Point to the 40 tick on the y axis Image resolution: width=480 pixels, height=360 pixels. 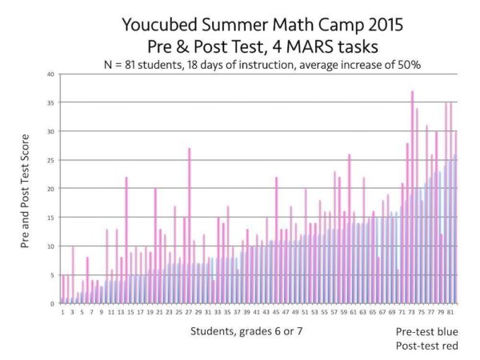pos(51,74)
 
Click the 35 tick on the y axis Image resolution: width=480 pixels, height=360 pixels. pos(51,103)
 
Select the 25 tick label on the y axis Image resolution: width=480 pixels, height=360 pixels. pos(51,161)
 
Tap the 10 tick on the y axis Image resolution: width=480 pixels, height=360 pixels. pos(51,246)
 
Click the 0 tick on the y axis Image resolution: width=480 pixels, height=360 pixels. pos(53,304)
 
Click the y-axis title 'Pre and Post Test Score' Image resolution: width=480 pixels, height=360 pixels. pos(26,189)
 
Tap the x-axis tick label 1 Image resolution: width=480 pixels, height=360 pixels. pos(62,312)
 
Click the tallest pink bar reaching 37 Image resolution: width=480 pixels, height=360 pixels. pos(412,200)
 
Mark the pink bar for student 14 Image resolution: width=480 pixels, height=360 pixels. pos(126,240)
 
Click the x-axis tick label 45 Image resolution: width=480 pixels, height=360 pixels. pos(276,312)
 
